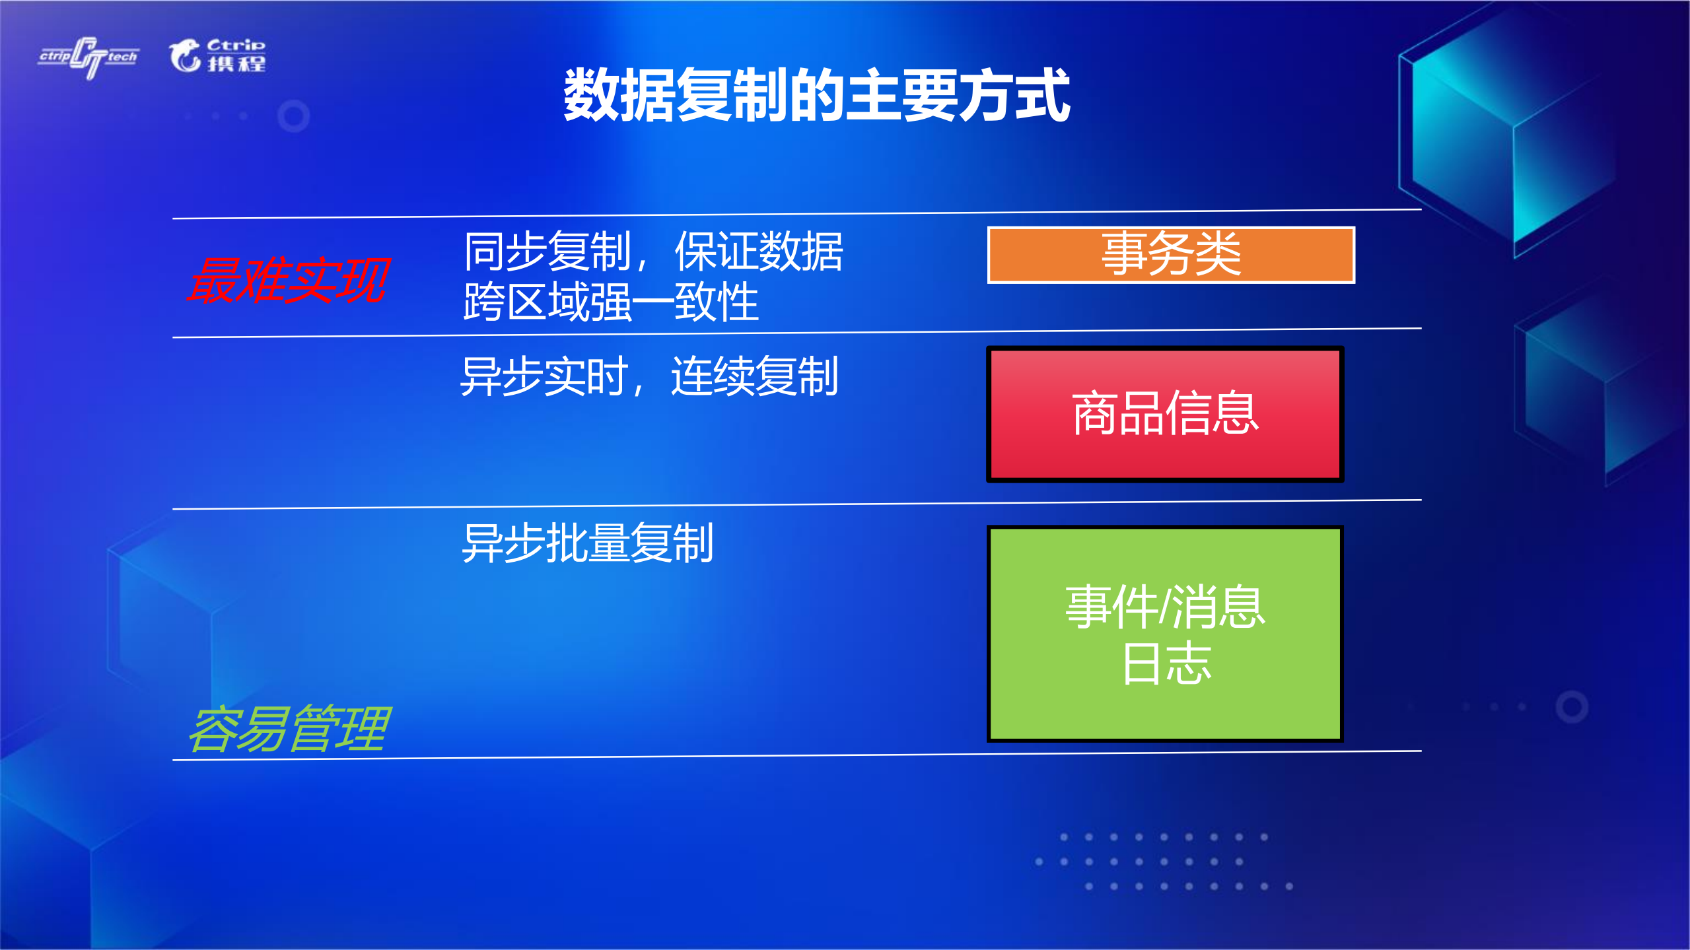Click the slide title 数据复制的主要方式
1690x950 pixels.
tap(816, 95)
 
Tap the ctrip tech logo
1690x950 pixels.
tap(88, 57)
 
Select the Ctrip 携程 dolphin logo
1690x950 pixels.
tap(217, 55)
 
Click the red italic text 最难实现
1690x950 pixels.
tap(289, 281)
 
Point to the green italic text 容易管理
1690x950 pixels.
tap(289, 729)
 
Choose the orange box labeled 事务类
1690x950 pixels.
tap(1170, 255)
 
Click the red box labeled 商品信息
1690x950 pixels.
tap(1164, 414)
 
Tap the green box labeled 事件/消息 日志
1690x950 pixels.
tap(1164, 634)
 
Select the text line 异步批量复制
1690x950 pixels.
tap(587, 543)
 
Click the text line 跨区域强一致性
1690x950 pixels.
tap(611, 302)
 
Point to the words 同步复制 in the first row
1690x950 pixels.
tap(547, 252)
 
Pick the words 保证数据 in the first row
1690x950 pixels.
tap(758, 252)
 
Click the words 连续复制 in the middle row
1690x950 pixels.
tap(754, 376)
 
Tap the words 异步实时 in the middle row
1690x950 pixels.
tap(544, 376)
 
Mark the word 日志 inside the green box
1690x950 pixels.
tap(1166, 663)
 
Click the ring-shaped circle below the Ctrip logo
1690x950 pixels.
tap(294, 116)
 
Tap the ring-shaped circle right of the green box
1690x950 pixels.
tap(1572, 707)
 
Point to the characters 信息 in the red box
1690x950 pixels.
tap(1212, 414)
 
